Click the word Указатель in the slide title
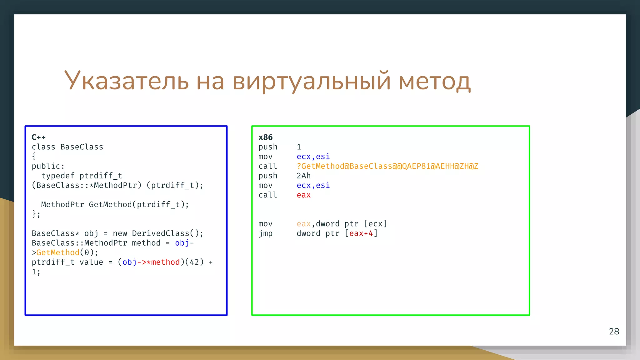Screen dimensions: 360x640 coord(126,81)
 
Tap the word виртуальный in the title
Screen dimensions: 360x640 coord(311,81)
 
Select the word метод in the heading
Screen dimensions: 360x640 coord(435,81)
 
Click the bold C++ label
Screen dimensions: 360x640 coord(38,137)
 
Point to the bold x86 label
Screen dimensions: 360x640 coord(265,137)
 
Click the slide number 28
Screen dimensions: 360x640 coord(614,331)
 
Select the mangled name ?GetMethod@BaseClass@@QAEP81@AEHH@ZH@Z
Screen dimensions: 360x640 coord(387,166)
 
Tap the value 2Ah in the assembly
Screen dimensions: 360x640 coord(303,176)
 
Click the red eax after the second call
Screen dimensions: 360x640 coord(303,195)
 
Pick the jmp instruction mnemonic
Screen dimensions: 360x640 coord(265,233)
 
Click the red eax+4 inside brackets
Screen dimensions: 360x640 coord(361,233)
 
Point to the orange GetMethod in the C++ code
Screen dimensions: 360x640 coord(58,252)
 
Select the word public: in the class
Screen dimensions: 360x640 coord(48,166)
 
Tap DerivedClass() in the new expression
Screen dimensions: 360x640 coord(165,233)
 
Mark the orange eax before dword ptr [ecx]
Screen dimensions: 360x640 coord(303,224)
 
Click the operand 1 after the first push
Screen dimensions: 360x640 coord(299,147)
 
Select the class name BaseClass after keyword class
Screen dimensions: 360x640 coord(82,147)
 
